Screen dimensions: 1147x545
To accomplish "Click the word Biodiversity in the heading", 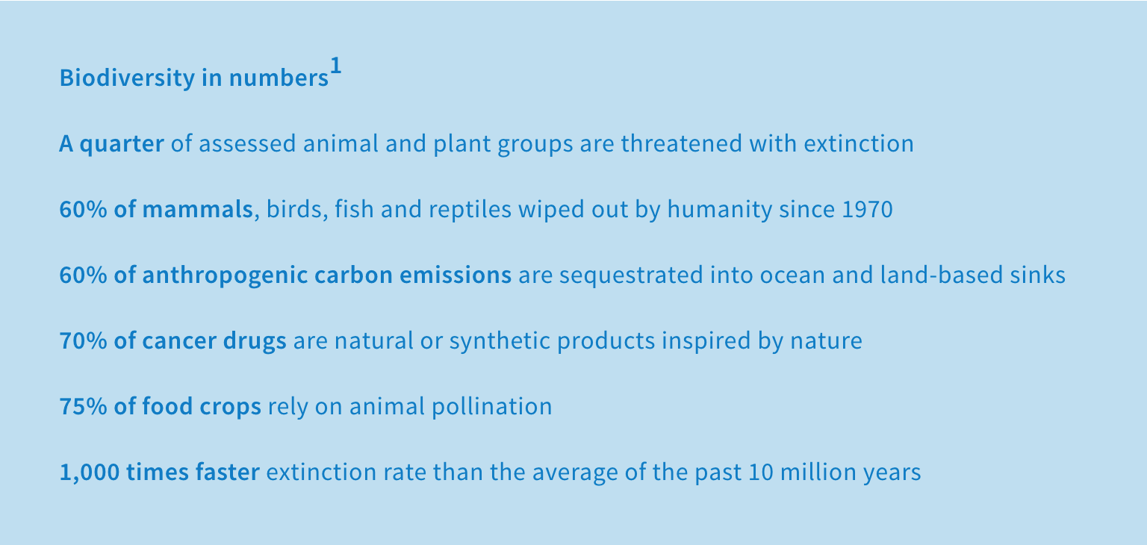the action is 127,78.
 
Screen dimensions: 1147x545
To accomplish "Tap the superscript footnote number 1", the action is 335,66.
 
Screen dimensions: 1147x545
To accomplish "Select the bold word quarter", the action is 122,144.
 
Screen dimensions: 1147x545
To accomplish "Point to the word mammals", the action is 198,209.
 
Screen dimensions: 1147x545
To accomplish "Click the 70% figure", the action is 83,341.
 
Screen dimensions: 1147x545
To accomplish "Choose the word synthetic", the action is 500,341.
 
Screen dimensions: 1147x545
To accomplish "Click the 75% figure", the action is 83,406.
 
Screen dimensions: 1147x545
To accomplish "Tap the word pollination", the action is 492,406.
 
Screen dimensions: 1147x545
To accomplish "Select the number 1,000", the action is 90,473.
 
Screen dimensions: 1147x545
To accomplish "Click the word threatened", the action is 682,143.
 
